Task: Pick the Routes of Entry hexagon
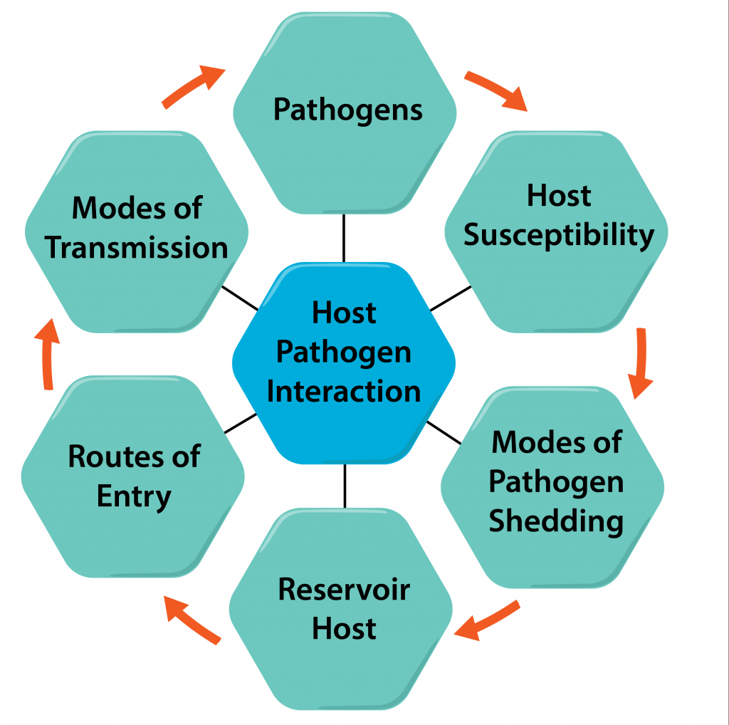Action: tap(133, 476)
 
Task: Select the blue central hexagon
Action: tap(344, 363)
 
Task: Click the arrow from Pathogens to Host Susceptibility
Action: tap(496, 90)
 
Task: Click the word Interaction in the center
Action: tap(344, 392)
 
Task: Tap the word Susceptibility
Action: tap(559, 236)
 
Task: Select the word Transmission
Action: tap(137, 249)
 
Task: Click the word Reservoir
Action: tap(344, 590)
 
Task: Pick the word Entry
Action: tap(134, 496)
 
